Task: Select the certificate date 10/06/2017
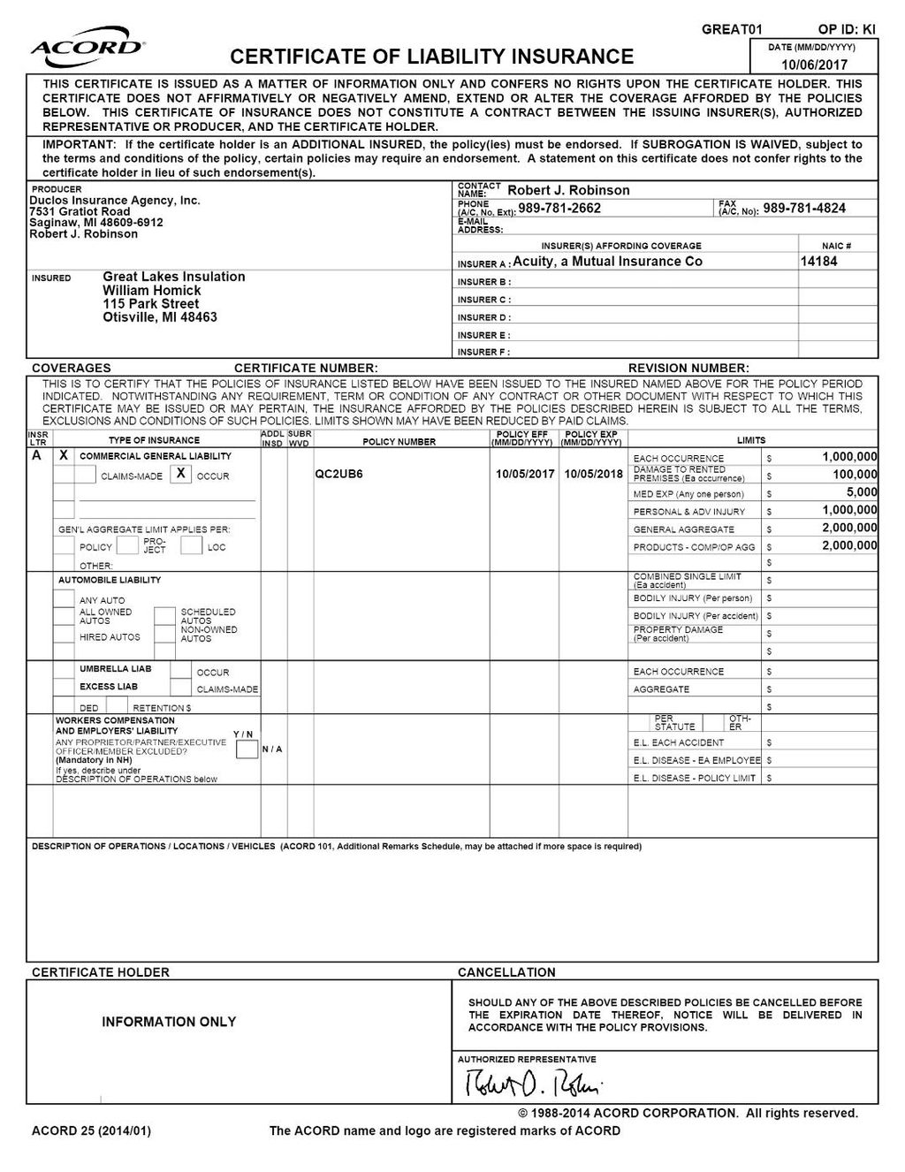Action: tap(814, 65)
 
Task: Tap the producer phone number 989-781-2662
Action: tap(559, 208)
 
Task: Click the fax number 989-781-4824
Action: tap(804, 208)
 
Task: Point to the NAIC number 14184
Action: tap(818, 261)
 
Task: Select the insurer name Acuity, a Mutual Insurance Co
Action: tap(607, 261)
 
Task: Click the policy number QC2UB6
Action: tap(338, 474)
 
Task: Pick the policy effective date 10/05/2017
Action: tap(525, 474)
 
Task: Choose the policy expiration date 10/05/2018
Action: tap(594, 474)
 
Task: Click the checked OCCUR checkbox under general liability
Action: tap(180, 474)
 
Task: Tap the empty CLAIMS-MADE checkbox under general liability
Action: tap(85, 475)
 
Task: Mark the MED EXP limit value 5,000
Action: tap(861, 492)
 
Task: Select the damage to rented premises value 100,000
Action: tap(855, 475)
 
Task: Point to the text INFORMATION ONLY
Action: tap(169, 1022)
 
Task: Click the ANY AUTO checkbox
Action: tap(64, 598)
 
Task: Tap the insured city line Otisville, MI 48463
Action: tap(160, 317)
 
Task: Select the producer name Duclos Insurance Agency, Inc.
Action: tap(115, 201)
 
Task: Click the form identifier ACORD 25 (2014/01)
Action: tap(91, 1130)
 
